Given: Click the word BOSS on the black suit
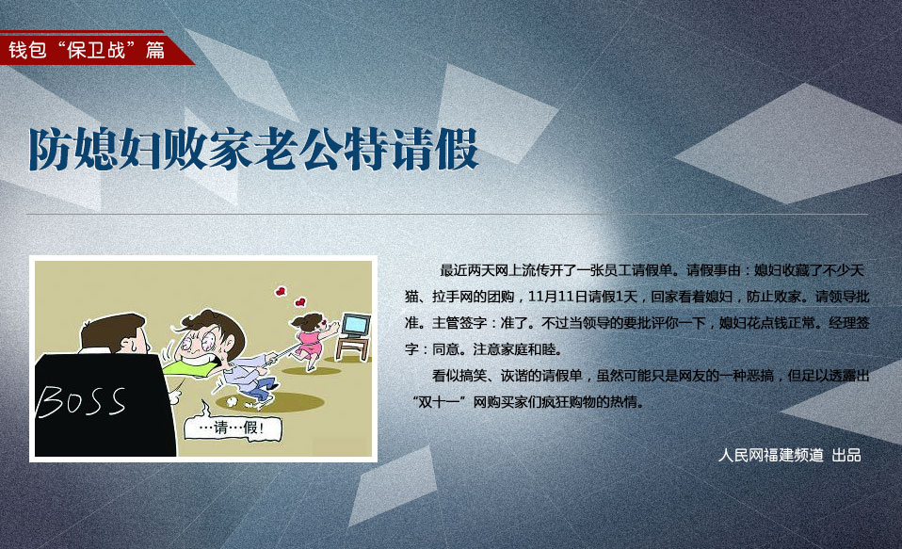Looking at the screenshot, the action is pos(81,400).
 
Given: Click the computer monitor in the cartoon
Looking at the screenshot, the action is pos(356,325).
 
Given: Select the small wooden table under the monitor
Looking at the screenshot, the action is pos(352,348).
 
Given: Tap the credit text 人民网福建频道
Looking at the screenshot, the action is pos(771,455).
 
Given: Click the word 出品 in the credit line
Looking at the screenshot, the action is pos(846,455).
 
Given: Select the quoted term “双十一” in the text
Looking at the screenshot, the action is pos(439,402).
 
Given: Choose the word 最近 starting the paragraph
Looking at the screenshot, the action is pos(453,270).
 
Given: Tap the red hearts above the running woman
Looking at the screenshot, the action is pos(291,297).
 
